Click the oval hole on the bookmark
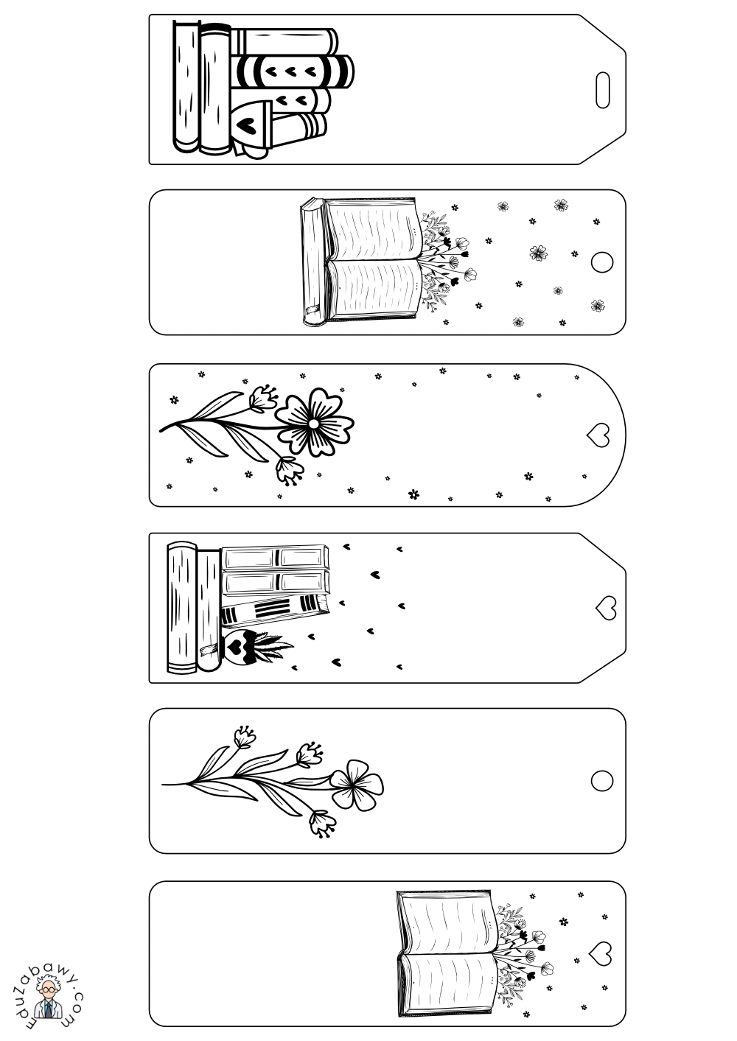tap(602, 90)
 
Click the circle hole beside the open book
tap(601, 262)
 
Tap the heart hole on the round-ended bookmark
tap(598, 435)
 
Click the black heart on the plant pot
tap(234, 645)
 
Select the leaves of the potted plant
tap(271, 644)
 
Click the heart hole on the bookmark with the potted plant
tap(606, 608)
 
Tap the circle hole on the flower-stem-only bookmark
tap(601, 780)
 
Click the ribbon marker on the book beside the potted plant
tap(209, 649)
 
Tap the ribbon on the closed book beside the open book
tap(312, 308)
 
